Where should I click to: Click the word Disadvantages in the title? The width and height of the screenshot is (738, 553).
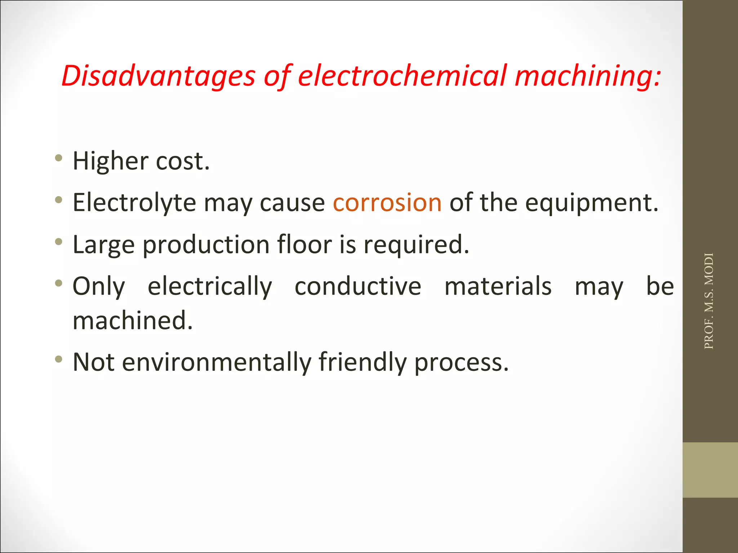point(158,76)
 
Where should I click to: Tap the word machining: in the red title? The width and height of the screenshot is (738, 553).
point(588,76)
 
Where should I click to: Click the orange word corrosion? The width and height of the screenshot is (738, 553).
point(387,202)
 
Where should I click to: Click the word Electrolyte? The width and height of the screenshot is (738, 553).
point(134,202)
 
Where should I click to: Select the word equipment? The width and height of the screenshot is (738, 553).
point(591,203)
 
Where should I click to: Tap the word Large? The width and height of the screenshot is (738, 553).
point(104,245)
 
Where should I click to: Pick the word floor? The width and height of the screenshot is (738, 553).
point(304,244)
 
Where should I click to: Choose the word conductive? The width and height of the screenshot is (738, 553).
point(358,287)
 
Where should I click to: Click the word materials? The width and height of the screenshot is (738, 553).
point(498,287)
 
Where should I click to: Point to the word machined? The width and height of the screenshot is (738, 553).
point(133,320)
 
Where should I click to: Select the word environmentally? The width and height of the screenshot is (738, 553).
point(217,362)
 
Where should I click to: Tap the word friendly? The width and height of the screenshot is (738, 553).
point(363,362)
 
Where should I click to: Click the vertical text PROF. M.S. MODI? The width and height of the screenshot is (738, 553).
point(709,301)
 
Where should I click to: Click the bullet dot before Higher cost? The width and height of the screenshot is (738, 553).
point(58,158)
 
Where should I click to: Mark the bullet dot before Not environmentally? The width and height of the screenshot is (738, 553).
point(58,359)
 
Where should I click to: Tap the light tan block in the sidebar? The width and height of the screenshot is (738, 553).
point(710,470)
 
